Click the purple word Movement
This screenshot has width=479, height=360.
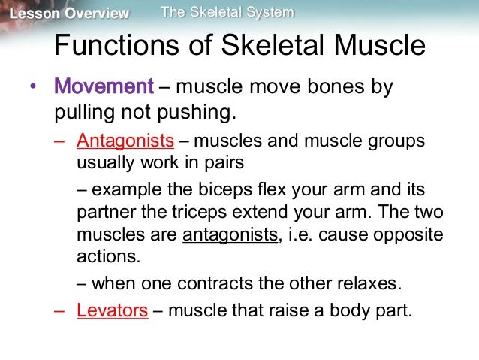[104, 87]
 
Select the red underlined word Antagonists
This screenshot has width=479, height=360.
[125, 141]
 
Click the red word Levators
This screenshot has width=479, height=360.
[112, 310]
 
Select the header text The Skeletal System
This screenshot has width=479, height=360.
[227, 12]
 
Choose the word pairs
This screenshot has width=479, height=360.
[243, 163]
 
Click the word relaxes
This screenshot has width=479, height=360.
[369, 284]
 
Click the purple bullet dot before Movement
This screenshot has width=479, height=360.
[32, 88]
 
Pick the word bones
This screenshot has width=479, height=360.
[329, 87]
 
